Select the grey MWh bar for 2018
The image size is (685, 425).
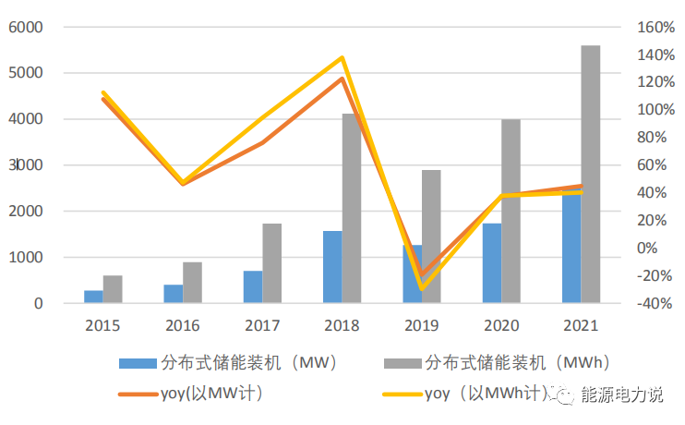352,208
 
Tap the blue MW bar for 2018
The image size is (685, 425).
332,267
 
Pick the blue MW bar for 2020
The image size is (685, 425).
491,263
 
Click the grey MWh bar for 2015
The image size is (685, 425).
113,289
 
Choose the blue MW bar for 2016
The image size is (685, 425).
174,294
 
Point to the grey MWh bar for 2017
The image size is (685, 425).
272,263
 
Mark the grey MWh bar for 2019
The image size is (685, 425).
431,236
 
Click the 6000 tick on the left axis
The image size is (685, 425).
27,28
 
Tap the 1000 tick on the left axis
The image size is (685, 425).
27,258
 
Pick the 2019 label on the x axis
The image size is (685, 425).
421,325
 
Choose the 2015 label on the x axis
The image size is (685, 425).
102,325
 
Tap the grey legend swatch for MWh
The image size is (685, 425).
402,361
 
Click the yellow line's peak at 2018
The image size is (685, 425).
342,58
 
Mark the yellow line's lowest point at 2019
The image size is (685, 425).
422,288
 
